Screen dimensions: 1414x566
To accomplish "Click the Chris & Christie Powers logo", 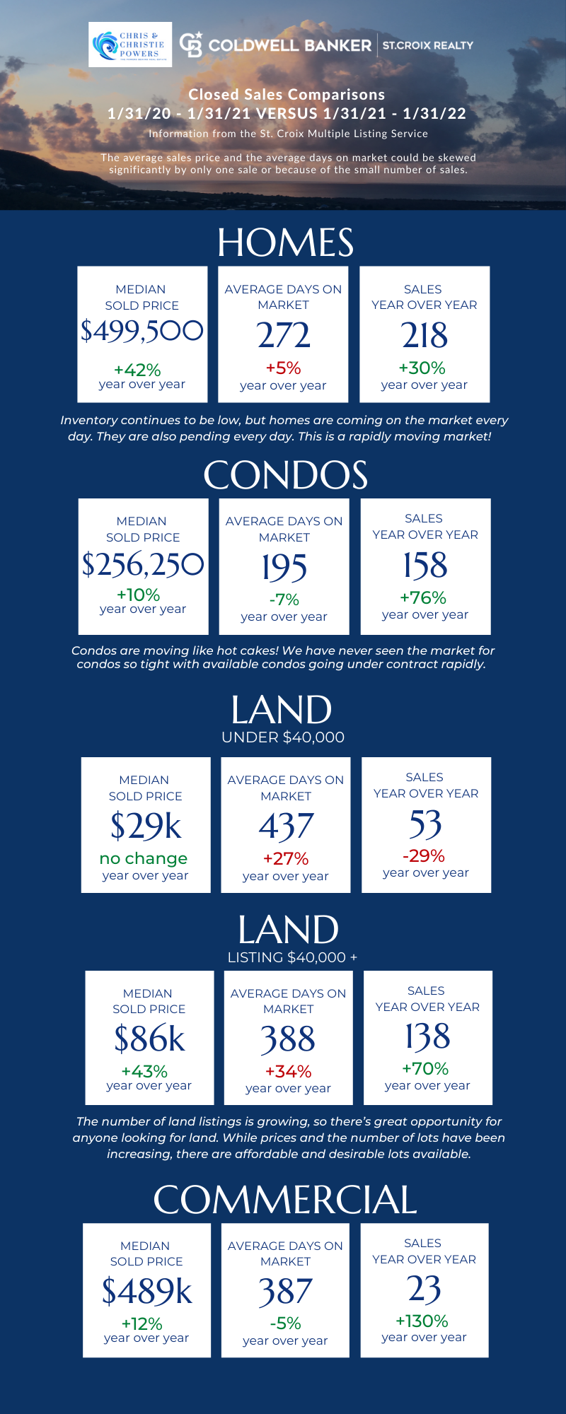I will coord(130,45).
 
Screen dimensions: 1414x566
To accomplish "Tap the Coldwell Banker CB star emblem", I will coord(191,45).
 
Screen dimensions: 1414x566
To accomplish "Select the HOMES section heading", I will coord(285,243).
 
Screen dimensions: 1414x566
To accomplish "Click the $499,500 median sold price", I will coord(142,331).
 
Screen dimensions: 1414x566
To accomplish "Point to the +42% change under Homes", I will coord(137,370).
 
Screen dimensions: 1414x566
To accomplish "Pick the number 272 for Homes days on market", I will coord(283,335).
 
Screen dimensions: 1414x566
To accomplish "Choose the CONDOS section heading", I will coord(285,475).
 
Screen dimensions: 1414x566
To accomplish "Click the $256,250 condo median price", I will coord(143,564).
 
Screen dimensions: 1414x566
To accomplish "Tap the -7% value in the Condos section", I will coord(284,600).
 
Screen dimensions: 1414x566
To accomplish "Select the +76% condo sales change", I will coord(423,597).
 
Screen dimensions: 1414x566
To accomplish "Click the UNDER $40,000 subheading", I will coord(283,737).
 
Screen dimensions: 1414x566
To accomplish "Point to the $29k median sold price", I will coord(146,826).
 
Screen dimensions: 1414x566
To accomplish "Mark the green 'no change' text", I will coord(144,858).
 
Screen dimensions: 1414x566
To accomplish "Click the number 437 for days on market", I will coord(286,826).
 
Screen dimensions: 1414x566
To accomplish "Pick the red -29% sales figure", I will coord(424,856).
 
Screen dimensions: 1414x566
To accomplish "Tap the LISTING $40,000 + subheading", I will coord(292,957).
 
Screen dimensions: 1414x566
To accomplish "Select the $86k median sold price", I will coord(149,1039).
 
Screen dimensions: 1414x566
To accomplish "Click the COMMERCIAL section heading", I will coord(285,1200).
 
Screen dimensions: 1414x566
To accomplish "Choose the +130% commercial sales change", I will coord(422,1321).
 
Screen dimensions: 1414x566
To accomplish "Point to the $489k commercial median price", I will coord(147,1291).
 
